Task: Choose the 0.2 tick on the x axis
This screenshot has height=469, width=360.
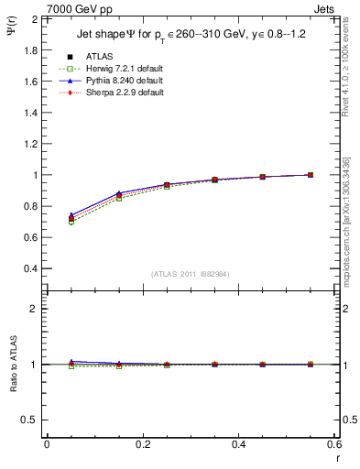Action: [x=143, y=444]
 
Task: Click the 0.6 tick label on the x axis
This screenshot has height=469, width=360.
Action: [x=333, y=444]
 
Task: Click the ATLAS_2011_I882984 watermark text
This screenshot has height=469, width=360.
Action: [x=190, y=274]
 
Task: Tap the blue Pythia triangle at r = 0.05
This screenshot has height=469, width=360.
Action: [x=71, y=214]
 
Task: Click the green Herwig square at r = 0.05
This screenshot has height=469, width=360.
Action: [x=71, y=222]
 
